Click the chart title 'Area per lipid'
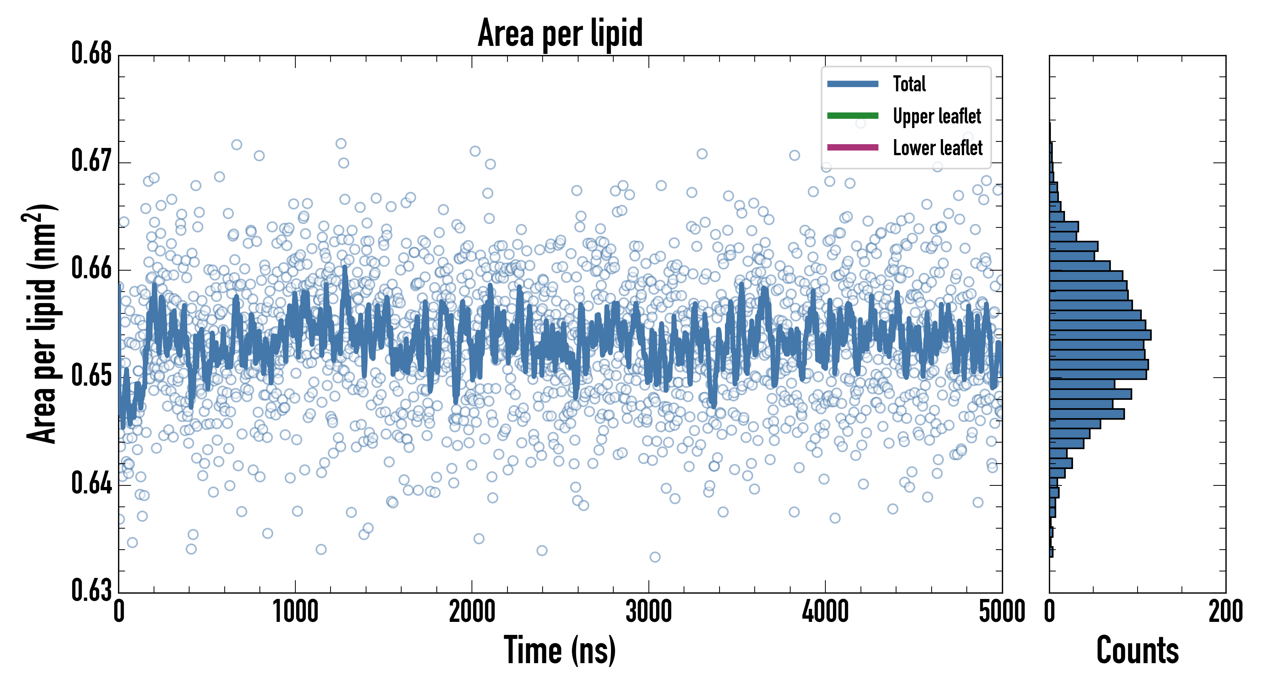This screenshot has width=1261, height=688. tap(560, 33)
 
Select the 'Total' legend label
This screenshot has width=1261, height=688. tap(909, 84)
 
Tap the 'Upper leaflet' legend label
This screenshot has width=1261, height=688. tap(937, 116)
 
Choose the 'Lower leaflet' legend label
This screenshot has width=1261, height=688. tap(937, 148)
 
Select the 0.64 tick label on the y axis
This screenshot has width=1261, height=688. tap(92, 483)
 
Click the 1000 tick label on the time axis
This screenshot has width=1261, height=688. tap(295, 612)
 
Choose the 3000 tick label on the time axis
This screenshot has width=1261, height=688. tap(648, 612)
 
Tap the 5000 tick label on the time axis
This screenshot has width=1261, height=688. tap(1002, 612)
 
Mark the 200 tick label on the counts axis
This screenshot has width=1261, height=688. tap(1225, 612)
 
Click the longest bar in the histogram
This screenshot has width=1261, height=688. tap(1100, 335)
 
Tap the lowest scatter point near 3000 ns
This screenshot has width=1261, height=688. tap(655, 557)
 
